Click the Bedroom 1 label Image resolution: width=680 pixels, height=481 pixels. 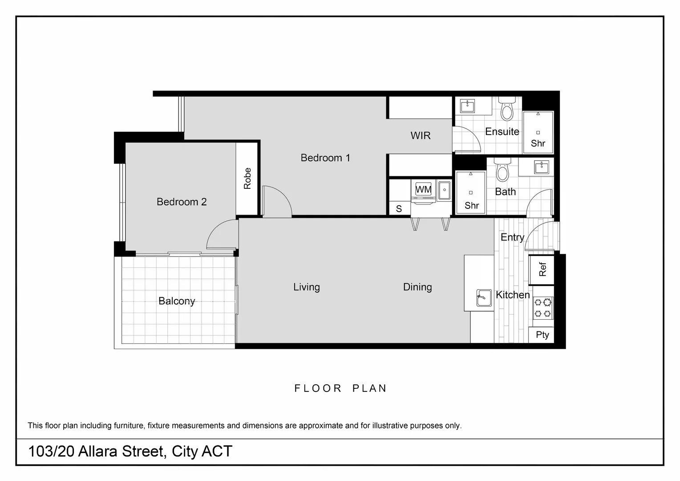pos(325,158)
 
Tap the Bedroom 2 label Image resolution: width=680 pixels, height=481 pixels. pos(182,202)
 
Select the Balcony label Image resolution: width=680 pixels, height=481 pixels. pos(177,301)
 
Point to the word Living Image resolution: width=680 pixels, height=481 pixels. pos(306,287)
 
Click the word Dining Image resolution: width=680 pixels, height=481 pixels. pos(417,287)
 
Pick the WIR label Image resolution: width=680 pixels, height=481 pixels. pos(420,135)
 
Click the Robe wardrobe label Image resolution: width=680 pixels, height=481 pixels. pos(247,178)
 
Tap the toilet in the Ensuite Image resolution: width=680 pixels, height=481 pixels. pos(507,109)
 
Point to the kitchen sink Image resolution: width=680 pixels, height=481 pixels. pos(484,298)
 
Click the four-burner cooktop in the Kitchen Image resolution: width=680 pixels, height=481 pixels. pos(543,308)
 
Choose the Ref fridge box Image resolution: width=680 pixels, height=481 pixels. pos(542,269)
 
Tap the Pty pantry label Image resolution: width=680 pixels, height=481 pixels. pos(542,335)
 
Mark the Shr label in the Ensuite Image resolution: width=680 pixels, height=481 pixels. pos(538,143)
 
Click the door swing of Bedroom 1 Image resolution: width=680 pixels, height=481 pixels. pos(276,203)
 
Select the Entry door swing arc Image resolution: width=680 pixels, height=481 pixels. pos(540,236)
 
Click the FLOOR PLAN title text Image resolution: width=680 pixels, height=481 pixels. pos(340,388)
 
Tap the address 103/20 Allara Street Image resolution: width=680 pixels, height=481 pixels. pos(130,452)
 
